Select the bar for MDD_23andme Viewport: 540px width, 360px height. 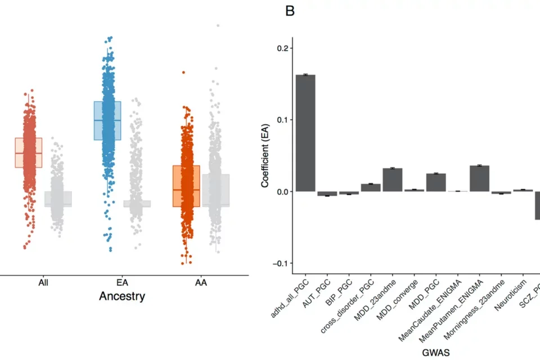coord(393,180)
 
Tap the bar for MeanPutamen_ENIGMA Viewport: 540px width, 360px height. coord(479,178)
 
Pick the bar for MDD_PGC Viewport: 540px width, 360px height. coord(436,182)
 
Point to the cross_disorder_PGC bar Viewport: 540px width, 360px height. coord(371,187)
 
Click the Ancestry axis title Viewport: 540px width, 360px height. coord(121,296)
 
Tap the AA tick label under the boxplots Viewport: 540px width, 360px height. coord(200,283)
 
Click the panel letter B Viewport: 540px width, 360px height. coord(290,11)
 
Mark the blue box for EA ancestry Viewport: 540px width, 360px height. coord(107,120)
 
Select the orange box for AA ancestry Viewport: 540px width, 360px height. coord(186,186)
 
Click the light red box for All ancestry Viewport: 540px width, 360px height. coord(28,152)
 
